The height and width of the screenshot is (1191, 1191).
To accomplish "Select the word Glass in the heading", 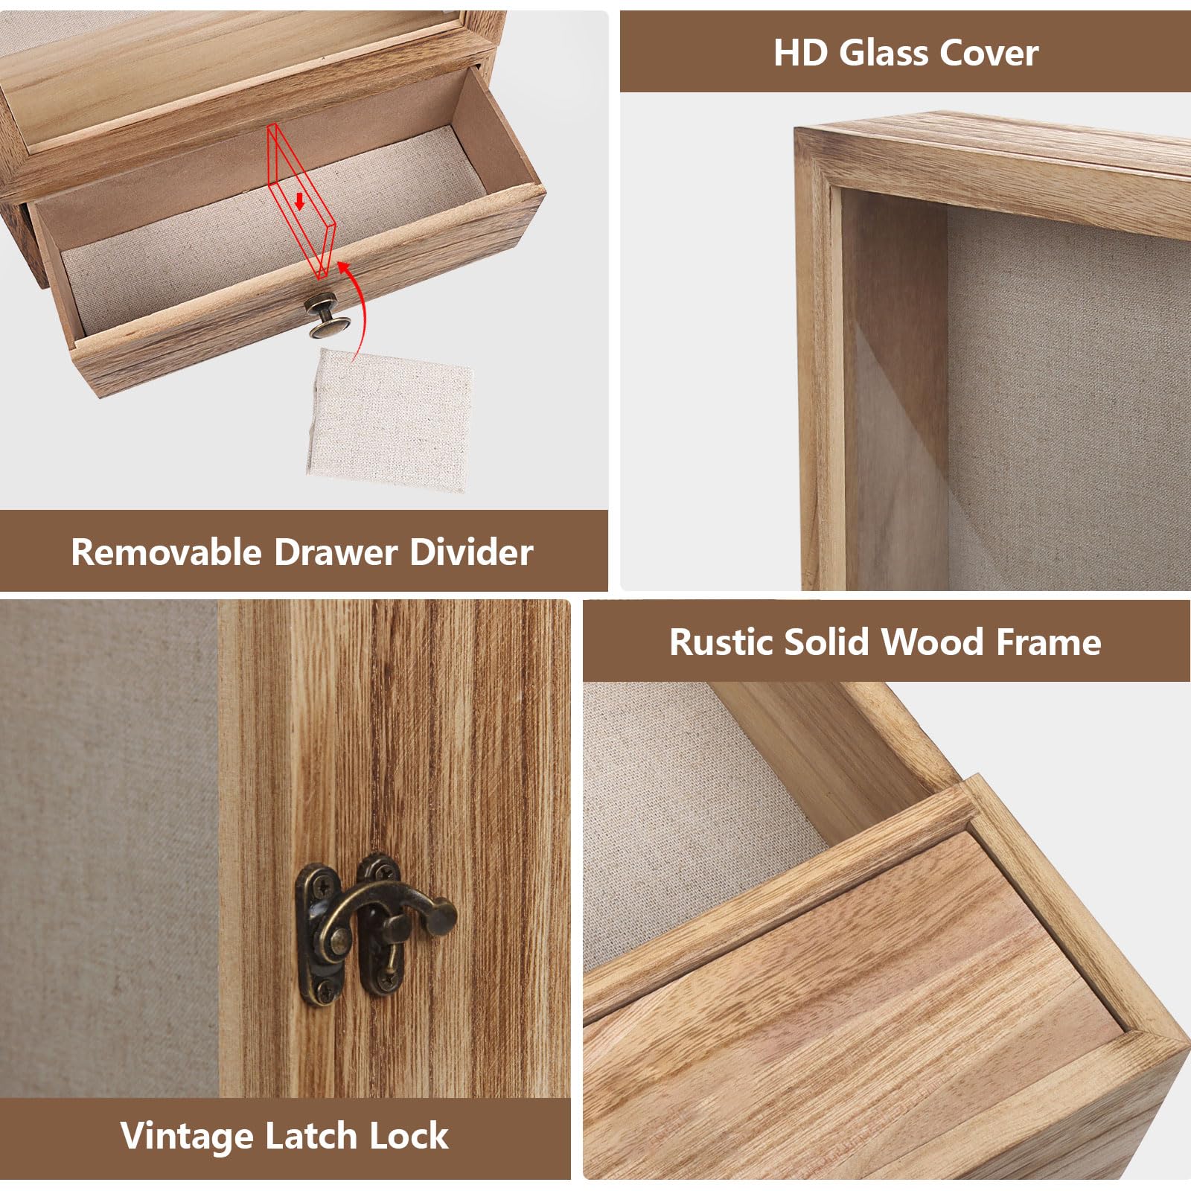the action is tap(884, 53).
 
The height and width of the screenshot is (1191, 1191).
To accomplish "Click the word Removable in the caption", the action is tap(167, 552).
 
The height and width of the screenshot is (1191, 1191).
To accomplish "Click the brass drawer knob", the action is tap(327, 315).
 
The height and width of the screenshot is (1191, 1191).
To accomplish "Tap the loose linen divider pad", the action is tap(389, 418).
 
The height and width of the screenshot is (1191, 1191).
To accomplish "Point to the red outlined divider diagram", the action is tap(301, 202).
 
